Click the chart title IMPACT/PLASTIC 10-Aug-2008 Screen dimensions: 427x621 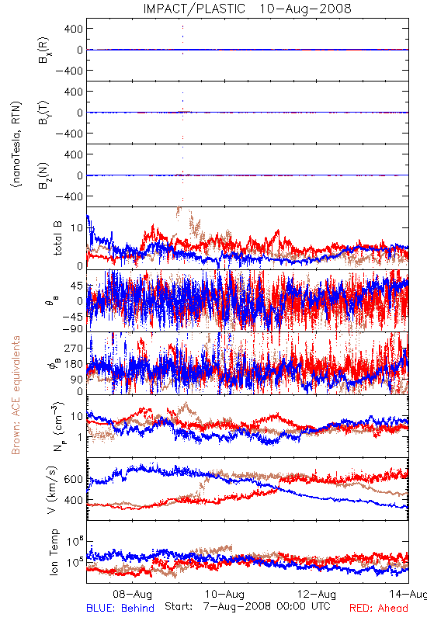[247, 9]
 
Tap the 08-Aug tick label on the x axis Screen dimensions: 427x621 [132, 594]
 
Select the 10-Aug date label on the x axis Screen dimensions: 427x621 [224, 594]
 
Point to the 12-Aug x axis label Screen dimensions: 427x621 [317, 594]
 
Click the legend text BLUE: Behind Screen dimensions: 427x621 [120, 608]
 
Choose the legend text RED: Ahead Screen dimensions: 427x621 [379, 608]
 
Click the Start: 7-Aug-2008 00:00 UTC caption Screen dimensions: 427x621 [248, 606]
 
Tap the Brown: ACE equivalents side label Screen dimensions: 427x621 [16, 395]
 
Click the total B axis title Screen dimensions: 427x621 [57, 238]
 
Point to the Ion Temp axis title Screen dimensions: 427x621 [54, 552]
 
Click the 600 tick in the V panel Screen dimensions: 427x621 [74, 479]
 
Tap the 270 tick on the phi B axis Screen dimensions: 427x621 [74, 348]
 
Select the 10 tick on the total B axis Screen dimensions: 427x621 [77, 227]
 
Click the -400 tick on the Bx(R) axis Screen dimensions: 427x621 [69, 71]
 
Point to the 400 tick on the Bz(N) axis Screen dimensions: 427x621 [74, 154]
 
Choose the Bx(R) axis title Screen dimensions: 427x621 [44, 50]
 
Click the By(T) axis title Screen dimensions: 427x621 [44, 113]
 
